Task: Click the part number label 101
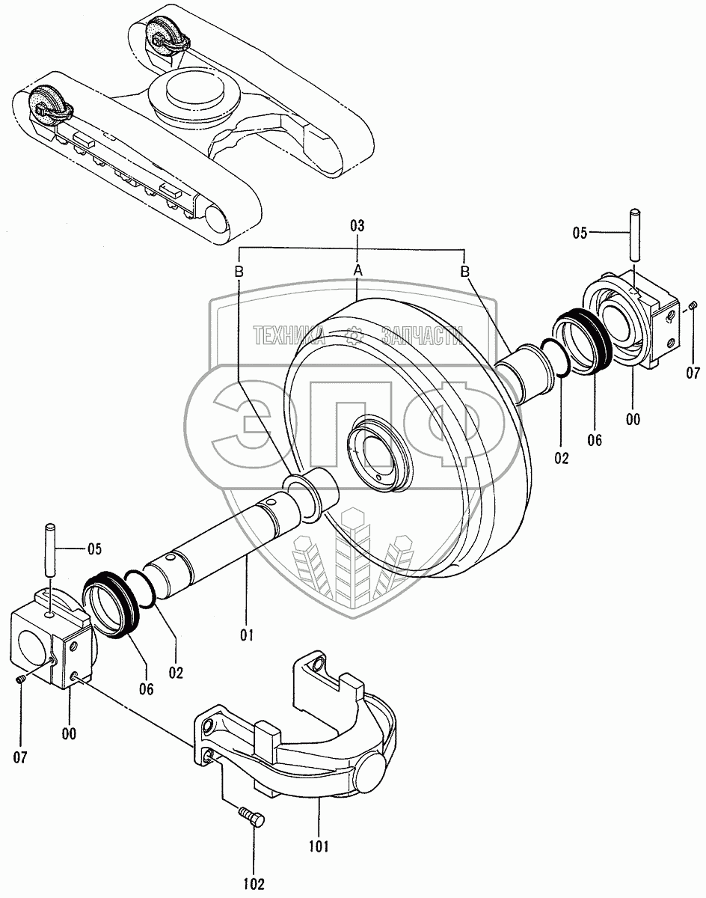coord(319,847)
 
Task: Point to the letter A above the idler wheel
coord(357,269)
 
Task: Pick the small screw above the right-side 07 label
coord(693,305)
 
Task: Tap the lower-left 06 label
coord(146,689)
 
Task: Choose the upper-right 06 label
coord(594,440)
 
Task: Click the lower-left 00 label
coord(69,734)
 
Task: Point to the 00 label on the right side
coord(633,420)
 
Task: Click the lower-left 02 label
coord(176,672)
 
